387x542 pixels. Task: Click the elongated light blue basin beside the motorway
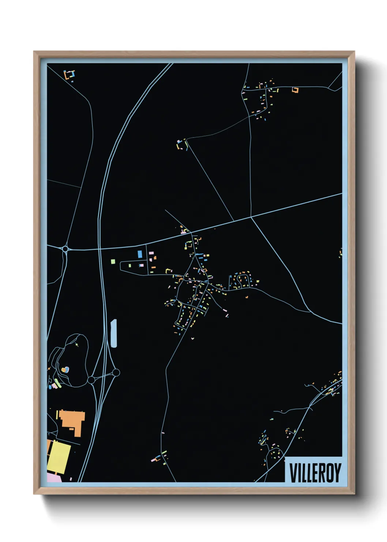pyautogui.click(x=114, y=333)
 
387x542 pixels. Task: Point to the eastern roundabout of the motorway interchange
pyautogui.click(x=116, y=372)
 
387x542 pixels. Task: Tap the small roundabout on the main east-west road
pyautogui.click(x=65, y=249)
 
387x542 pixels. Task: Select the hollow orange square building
pyautogui.click(x=295, y=90)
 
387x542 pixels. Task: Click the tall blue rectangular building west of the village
pyautogui.click(x=140, y=254)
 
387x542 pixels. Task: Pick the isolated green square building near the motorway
pyautogui.click(x=113, y=261)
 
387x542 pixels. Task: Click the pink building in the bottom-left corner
pyautogui.click(x=54, y=478)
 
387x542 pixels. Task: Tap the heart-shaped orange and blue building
pyautogui.click(x=65, y=370)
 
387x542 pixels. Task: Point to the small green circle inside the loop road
pyautogui.click(x=77, y=345)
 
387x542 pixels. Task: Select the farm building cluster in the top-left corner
pyautogui.click(x=69, y=75)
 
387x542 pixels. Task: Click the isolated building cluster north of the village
pyautogui.click(x=182, y=144)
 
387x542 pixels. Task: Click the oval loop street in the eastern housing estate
pyautogui.click(x=243, y=280)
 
